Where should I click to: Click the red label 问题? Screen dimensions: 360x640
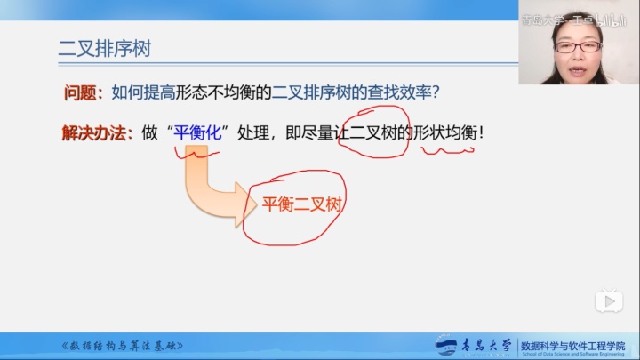(83, 92)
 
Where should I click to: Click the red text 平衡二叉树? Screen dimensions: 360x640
(302, 204)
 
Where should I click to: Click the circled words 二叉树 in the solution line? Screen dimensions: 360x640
(377, 133)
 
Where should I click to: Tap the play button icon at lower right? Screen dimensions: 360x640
(609, 301)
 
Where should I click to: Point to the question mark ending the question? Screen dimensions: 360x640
(436, 92)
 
